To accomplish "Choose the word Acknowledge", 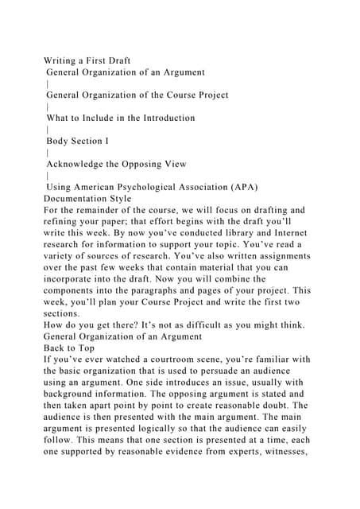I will point(79,164).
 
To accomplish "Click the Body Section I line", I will point(77,141).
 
